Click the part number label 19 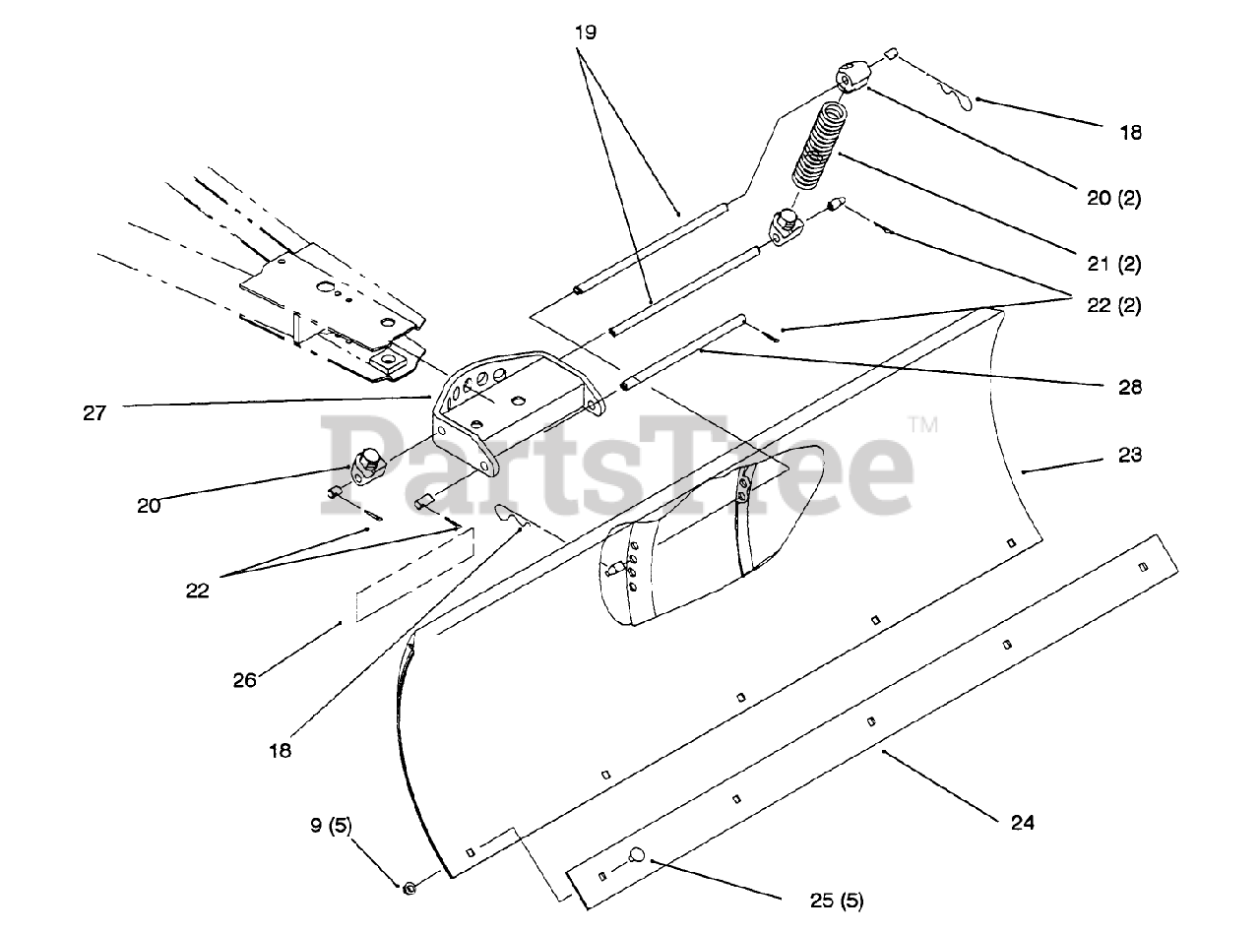[587, 32]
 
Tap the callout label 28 [1130, 388]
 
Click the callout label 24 [1023, 822]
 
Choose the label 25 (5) [836, 899]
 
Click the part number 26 [245, 678]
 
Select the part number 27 [94, 413]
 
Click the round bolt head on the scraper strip [637, 854]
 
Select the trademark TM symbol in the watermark [921, 425]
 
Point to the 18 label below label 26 [280, 750]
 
